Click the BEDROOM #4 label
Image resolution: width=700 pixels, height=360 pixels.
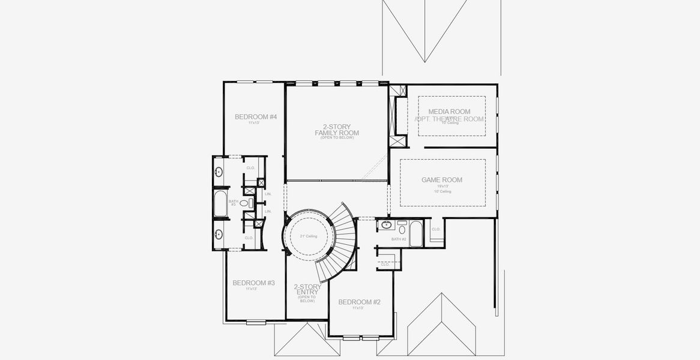[255, 116]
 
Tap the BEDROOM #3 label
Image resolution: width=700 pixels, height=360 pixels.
[253, 283]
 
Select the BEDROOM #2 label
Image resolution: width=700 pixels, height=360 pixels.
[359, 302]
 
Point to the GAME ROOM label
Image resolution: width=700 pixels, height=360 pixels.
[442, 180]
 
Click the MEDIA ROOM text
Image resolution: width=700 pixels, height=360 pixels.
[449, 112]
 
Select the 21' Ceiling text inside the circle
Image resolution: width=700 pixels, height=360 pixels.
[309, 236]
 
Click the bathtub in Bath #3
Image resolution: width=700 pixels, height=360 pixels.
[220, 203]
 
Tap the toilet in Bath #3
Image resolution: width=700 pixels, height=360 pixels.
[245, 203]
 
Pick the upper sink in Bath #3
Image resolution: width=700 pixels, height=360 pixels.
[219, 172]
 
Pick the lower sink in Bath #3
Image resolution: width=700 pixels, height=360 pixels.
[219, 234]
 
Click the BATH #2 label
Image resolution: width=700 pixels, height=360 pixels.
[399, 239]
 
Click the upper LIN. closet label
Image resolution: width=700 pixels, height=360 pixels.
[268, 194]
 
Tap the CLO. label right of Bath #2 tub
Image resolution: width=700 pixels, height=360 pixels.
[436, 229]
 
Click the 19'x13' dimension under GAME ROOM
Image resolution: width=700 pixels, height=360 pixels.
[442, 187]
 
